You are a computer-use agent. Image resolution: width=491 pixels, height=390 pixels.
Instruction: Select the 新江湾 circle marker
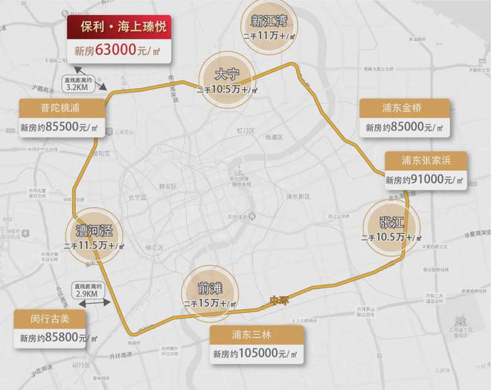(x=269, y=28)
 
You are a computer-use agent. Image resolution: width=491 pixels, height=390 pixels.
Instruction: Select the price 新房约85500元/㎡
(x=60, y=128)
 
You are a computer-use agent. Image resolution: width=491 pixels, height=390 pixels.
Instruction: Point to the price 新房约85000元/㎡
(x=405, y=128)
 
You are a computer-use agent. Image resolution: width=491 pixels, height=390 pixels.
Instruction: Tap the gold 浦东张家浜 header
(x=426, y=160)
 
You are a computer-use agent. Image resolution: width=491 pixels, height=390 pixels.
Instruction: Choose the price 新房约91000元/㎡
(x=426, y=180)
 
